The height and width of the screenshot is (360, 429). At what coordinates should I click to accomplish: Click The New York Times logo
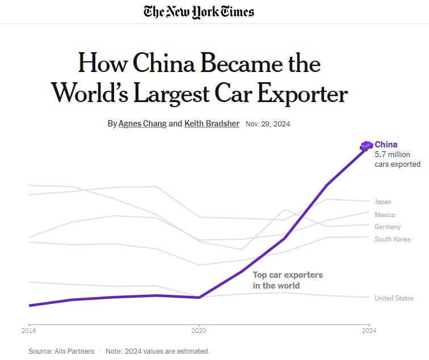pyautogui.click(x=199, y=11)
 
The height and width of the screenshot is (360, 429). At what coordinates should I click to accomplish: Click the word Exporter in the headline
pyautogui.click(x=302, y=94)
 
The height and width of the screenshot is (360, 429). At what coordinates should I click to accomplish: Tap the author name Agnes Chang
pyautogui.click(x=142, y=124)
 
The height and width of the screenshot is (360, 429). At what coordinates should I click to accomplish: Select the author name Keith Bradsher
pyautogui.click(x=212, y=124)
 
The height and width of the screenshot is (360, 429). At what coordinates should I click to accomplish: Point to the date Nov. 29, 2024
pyautogui.click(x=268, y=124)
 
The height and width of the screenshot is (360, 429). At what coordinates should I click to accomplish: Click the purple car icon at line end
pyautogui.click(x=366, y=146)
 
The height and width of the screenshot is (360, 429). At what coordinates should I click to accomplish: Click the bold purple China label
pyautogui.click(x=386, y=145)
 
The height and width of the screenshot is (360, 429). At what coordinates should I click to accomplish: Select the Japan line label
pyautogui.click(x=382, y=202)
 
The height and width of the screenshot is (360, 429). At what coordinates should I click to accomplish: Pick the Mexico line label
pyautogui.click(x=385, y=215)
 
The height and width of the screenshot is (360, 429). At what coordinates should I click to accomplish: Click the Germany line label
pyautogui.click(x=388, y=227)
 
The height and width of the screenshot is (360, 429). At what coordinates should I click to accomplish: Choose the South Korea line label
pyautogui.click(x=392, y=239)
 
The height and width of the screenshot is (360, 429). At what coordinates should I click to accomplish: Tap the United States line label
pyautogui.click(x=394, y=298)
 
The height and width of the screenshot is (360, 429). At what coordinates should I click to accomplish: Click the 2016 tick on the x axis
pyautogui.click(x=28, y=331)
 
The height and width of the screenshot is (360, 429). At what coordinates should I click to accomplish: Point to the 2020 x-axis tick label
pyautogui.click(x=199, y=331)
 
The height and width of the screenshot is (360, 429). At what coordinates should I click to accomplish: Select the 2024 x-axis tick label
pyautogui.click(x=369, y=331)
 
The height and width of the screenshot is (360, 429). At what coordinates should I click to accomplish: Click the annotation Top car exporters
pyautogui.click(x=288, y=275)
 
